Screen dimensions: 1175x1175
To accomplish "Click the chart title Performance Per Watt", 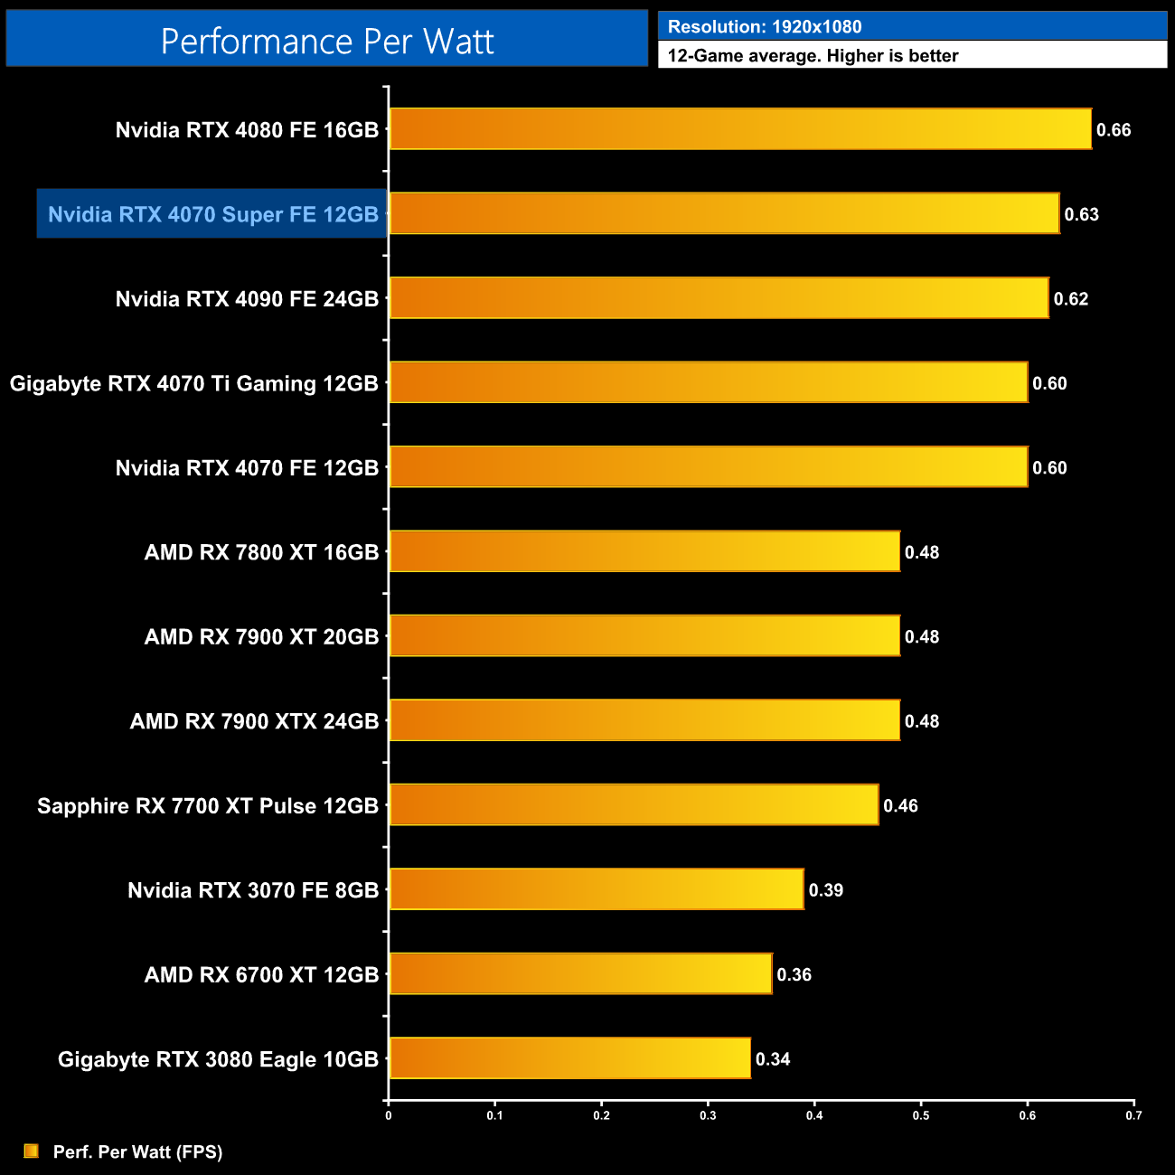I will [x=327, y=41].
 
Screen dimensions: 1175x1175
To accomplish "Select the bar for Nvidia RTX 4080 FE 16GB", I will [x=740, y=129].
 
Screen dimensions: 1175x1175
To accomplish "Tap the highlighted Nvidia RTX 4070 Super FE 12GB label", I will [x=212, y=214].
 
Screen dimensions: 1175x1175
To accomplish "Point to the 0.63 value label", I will [x=1081, y=214].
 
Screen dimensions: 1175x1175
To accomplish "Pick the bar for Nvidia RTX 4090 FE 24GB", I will [x=719, y=298].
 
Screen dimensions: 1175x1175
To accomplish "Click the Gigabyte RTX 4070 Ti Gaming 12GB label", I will [x=193, y=383].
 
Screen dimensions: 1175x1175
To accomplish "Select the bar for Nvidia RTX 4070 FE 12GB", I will [x=708, y=467].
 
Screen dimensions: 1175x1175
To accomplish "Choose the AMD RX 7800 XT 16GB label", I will [x=261, y=552].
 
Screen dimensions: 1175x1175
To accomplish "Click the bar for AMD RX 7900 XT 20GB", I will [x=644, y=636].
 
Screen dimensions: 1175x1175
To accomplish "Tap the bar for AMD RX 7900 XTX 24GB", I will [x=644, y=720].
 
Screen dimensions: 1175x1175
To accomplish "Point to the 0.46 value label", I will [x=900, y=805].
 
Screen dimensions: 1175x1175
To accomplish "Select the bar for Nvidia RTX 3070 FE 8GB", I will [x=597, y=889].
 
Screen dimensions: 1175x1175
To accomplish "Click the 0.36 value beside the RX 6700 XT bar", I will [x=794, y=974].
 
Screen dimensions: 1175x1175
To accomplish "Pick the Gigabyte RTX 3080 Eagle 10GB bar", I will [x=569, y=1058].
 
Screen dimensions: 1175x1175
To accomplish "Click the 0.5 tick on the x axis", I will [x=920, y=1115].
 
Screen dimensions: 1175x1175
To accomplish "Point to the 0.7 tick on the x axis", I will [x=1133, y=1115].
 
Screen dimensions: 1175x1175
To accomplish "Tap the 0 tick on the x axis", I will [x=389, y=1115].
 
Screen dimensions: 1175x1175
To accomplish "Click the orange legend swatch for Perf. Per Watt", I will [x=32, y=1151].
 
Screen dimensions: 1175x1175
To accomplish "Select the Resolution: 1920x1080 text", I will [x=765, y=27].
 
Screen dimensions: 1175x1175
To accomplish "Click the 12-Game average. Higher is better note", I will [x=813, y=56].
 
